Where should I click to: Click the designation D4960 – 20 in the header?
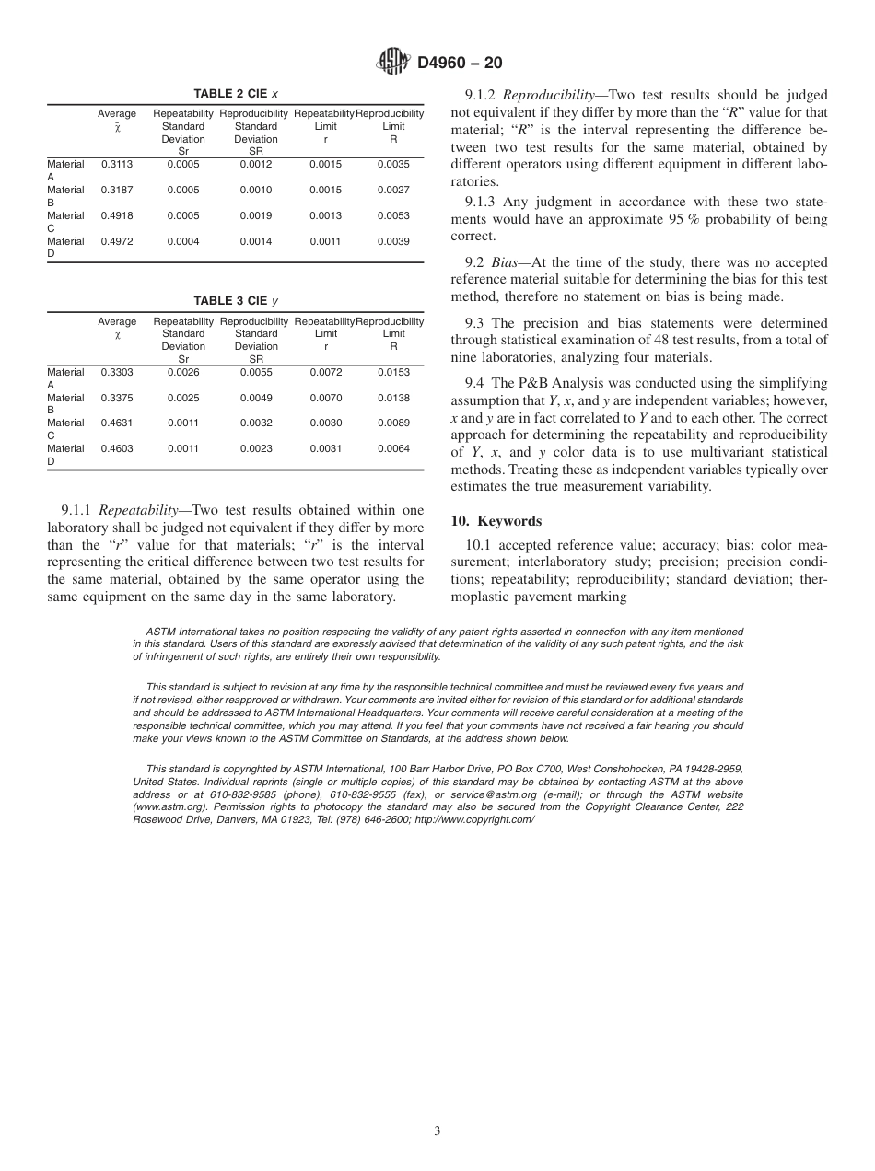[460, 64]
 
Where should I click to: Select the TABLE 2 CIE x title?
[236, 94]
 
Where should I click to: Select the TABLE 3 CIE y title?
[236, 301]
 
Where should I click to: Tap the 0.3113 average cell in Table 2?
[116, 164]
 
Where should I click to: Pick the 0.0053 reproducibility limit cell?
[393, 215]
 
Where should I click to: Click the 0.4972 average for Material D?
[116, 241]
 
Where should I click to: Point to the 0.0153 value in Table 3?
[393, 372]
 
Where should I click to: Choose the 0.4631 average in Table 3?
[116, 423]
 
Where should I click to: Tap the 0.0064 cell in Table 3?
[393, 449]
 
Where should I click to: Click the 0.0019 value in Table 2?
[256, 215]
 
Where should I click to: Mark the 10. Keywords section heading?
[496, 521]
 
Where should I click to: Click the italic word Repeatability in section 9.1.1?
[137, 510]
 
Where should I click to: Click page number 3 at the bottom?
[437, 1131]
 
